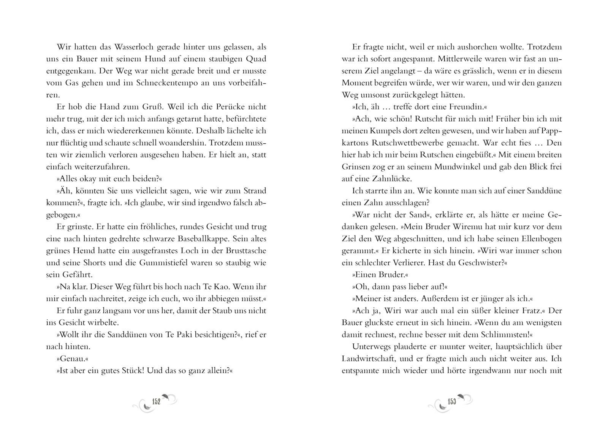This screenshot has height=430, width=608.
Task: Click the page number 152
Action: point(156,401)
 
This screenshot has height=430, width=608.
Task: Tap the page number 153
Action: point(451,401)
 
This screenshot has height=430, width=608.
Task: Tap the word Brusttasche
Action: point(247,251)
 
